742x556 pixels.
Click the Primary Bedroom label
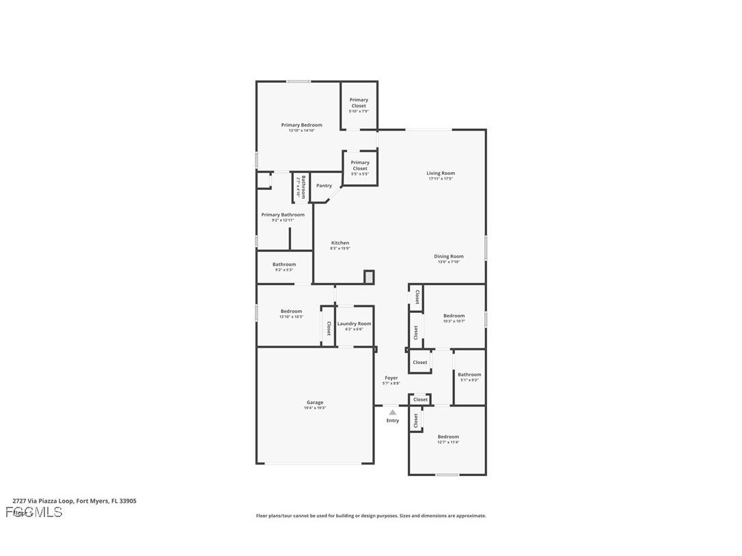[x=301, y=125]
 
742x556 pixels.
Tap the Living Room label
[x=441, y=173]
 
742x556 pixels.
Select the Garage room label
[x=315, y=402]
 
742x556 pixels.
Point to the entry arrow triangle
[x=392, y=413]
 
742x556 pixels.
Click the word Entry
[x=392, y=421]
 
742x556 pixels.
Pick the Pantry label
[x=324, y=186]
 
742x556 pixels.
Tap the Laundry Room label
[x=354, y=324]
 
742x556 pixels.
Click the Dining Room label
[x=448, y=257]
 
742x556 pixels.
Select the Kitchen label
[x=340, y=243]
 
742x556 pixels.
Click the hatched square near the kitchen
[x=369, y=277]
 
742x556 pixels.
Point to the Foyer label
[x=391, y=378]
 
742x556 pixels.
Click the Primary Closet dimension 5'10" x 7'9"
[x=359, y=111]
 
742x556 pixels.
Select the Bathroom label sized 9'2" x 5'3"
[x=284, y=265]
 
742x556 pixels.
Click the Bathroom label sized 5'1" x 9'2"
[x=469, y=374]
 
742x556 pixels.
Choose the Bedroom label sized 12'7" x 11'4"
[x=448, y=436]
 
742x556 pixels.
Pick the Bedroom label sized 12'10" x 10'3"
[x=291, y=311]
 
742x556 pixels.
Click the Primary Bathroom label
[x=283, y=215]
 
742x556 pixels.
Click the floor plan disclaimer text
[x=371, y=516]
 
